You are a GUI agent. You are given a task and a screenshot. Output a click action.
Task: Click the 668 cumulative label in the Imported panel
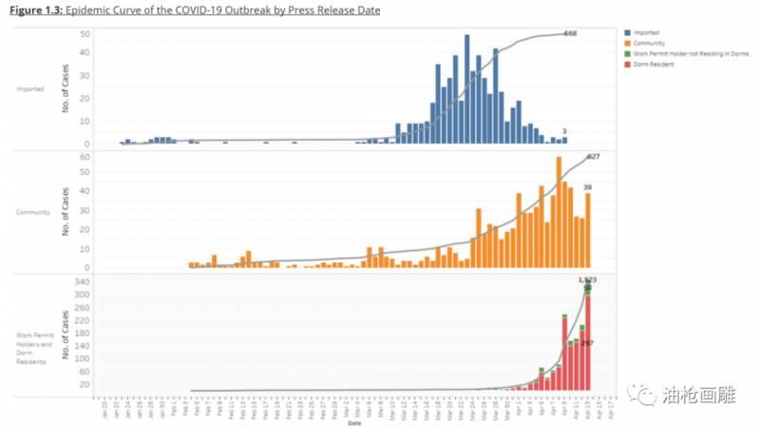[x=571, y=33]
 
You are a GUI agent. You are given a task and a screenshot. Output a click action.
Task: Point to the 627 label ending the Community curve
[x=594, y=155]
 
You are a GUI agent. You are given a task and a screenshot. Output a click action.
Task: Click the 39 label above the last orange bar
[x=588, y=187]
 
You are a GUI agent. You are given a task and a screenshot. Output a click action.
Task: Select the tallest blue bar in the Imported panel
[x=466, y=89]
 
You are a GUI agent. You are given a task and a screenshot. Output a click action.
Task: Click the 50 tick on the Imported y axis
[x=85, y=34]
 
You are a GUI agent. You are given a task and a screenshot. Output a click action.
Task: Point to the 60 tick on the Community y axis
[x=85, y=156]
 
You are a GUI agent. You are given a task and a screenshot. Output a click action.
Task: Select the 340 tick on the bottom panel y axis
[x=82, y=282]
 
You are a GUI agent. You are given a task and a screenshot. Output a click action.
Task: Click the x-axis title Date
[x=353, y=423]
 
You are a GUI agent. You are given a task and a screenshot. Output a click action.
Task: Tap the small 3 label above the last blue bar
[x=564, y=131]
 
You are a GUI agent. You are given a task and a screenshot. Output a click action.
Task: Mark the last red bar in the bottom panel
[x=588, y=342]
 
